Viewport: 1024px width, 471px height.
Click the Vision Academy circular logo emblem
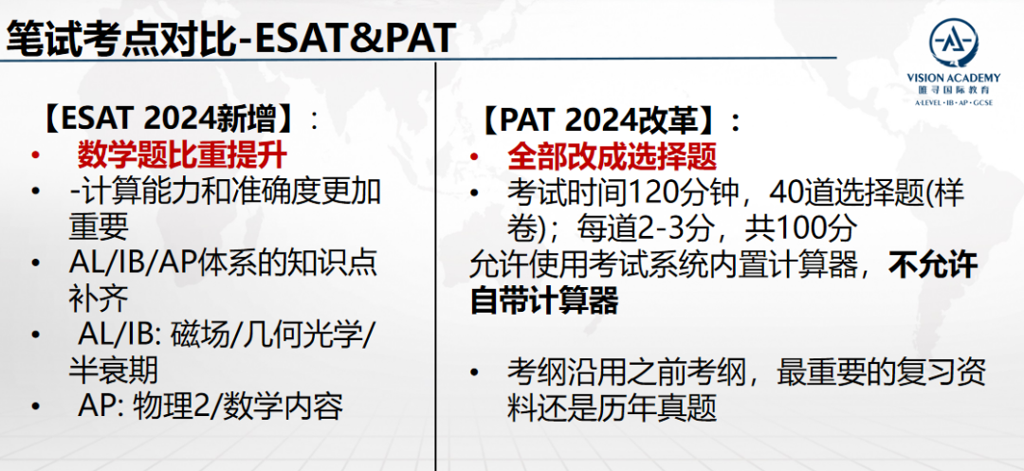(954, 44)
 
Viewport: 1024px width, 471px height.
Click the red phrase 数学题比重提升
(182, 156)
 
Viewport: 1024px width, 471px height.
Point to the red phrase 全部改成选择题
(612, 156)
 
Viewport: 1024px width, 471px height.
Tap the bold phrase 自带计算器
(543, 301)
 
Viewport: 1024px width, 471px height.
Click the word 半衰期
(113, 371)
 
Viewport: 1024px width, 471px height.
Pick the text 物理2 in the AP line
(171, 408)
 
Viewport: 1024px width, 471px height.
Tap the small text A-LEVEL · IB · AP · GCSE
(954, 103)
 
